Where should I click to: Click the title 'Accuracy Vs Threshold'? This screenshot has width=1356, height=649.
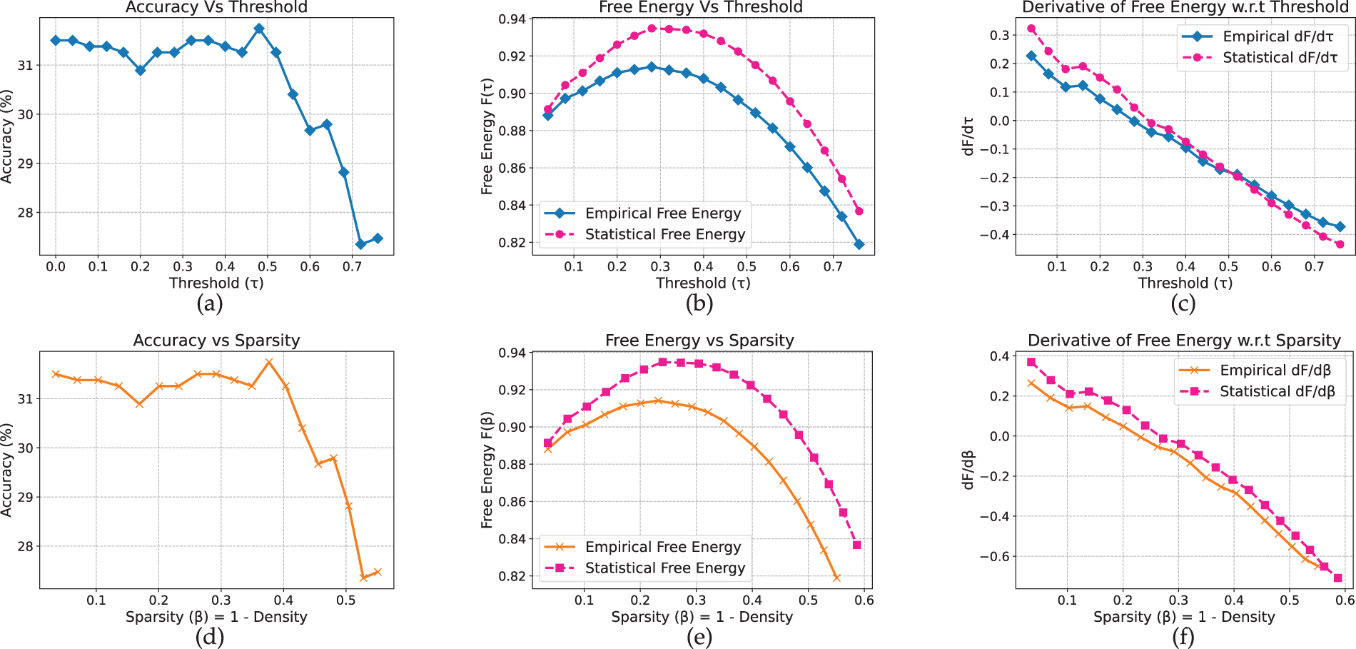point(216,8)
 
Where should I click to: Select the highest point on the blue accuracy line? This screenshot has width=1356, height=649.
point(259,29)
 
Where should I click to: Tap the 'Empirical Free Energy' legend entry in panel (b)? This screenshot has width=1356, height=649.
point(662,213)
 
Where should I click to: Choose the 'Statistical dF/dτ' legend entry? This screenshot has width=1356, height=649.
point(1280,58)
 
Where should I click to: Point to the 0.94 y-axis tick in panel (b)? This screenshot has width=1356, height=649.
point(512,19)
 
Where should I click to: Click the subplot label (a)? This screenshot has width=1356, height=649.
point(209,304)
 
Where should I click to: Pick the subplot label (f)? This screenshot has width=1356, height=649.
point(1183,637)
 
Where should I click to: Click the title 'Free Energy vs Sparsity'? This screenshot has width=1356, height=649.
point(699,341)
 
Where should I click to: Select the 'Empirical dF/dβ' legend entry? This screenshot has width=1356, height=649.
point(1275,371)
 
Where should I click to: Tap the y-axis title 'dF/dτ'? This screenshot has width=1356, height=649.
point(968,136)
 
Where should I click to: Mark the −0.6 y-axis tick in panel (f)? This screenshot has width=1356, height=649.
point(994,556)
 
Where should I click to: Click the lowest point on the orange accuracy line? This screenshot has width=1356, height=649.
point(363,577)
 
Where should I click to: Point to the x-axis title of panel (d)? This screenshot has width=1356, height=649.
point(216,617)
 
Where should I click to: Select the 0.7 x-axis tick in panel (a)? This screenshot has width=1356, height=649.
point(352,267)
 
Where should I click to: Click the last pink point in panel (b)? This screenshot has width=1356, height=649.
point(859,211)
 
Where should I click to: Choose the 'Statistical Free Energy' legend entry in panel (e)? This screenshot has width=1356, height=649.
point(664,568)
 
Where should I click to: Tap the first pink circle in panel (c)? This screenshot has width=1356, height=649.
point(1031,29)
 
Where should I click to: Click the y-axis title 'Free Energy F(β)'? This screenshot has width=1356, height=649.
point(487,470)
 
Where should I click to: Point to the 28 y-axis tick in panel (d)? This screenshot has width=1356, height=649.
point(25,546)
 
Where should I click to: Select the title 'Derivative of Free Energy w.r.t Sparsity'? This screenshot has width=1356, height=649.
point(1184,341)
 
